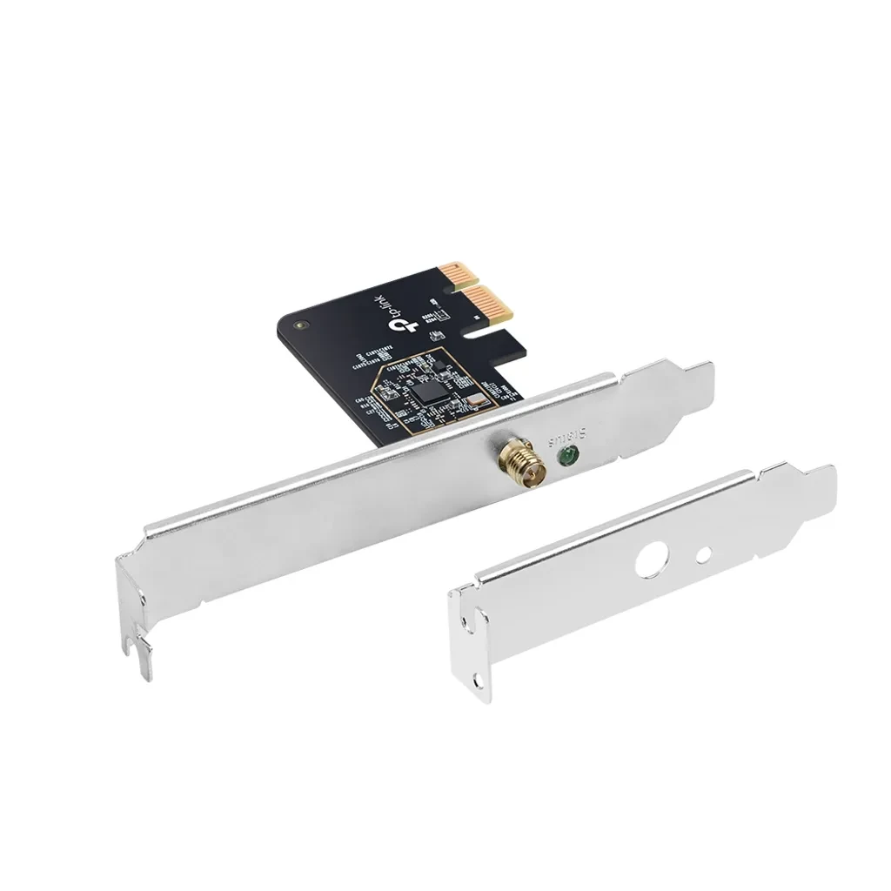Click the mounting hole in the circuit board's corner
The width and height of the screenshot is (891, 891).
(x=301, y=326)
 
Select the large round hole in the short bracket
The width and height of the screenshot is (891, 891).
(x=648, y=562)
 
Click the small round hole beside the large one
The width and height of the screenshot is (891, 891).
(x=705, y=552)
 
